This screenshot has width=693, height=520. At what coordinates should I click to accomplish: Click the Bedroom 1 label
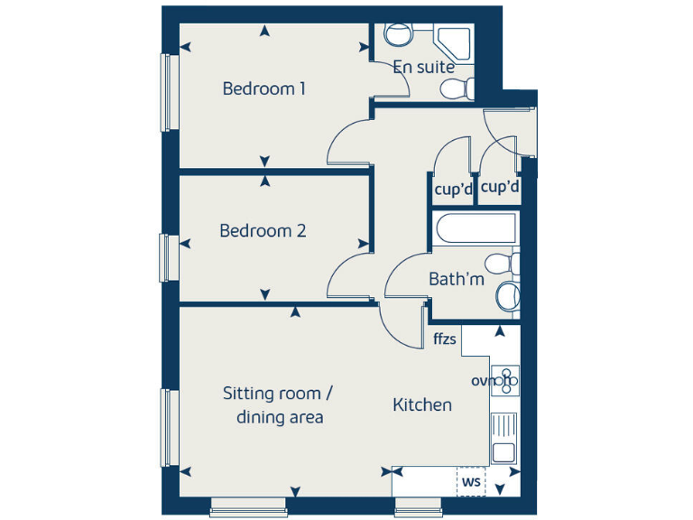coord(263,88)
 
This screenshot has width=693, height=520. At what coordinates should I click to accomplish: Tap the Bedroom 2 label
coord(263,230)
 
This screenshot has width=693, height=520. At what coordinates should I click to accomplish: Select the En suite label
coord(423,67)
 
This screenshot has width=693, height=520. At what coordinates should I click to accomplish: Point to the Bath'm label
coord(456,279)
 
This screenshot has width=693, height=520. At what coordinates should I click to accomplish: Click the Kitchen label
coord(421,404)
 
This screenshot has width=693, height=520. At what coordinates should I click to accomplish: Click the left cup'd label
coord(454,190)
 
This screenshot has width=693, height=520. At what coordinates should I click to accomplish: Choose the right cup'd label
coord(500,188)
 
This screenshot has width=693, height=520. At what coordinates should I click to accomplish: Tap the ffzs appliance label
coord(445,339)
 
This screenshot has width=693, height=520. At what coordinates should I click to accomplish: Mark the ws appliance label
coord(471,481)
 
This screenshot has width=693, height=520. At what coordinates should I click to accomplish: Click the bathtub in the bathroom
coord(475,229)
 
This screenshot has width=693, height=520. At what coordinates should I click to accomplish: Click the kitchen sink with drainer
coord(504,437)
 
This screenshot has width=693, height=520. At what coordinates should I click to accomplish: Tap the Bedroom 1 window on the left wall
coord(166,93)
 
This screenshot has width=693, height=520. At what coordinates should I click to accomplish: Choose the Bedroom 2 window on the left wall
coord(166,256)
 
